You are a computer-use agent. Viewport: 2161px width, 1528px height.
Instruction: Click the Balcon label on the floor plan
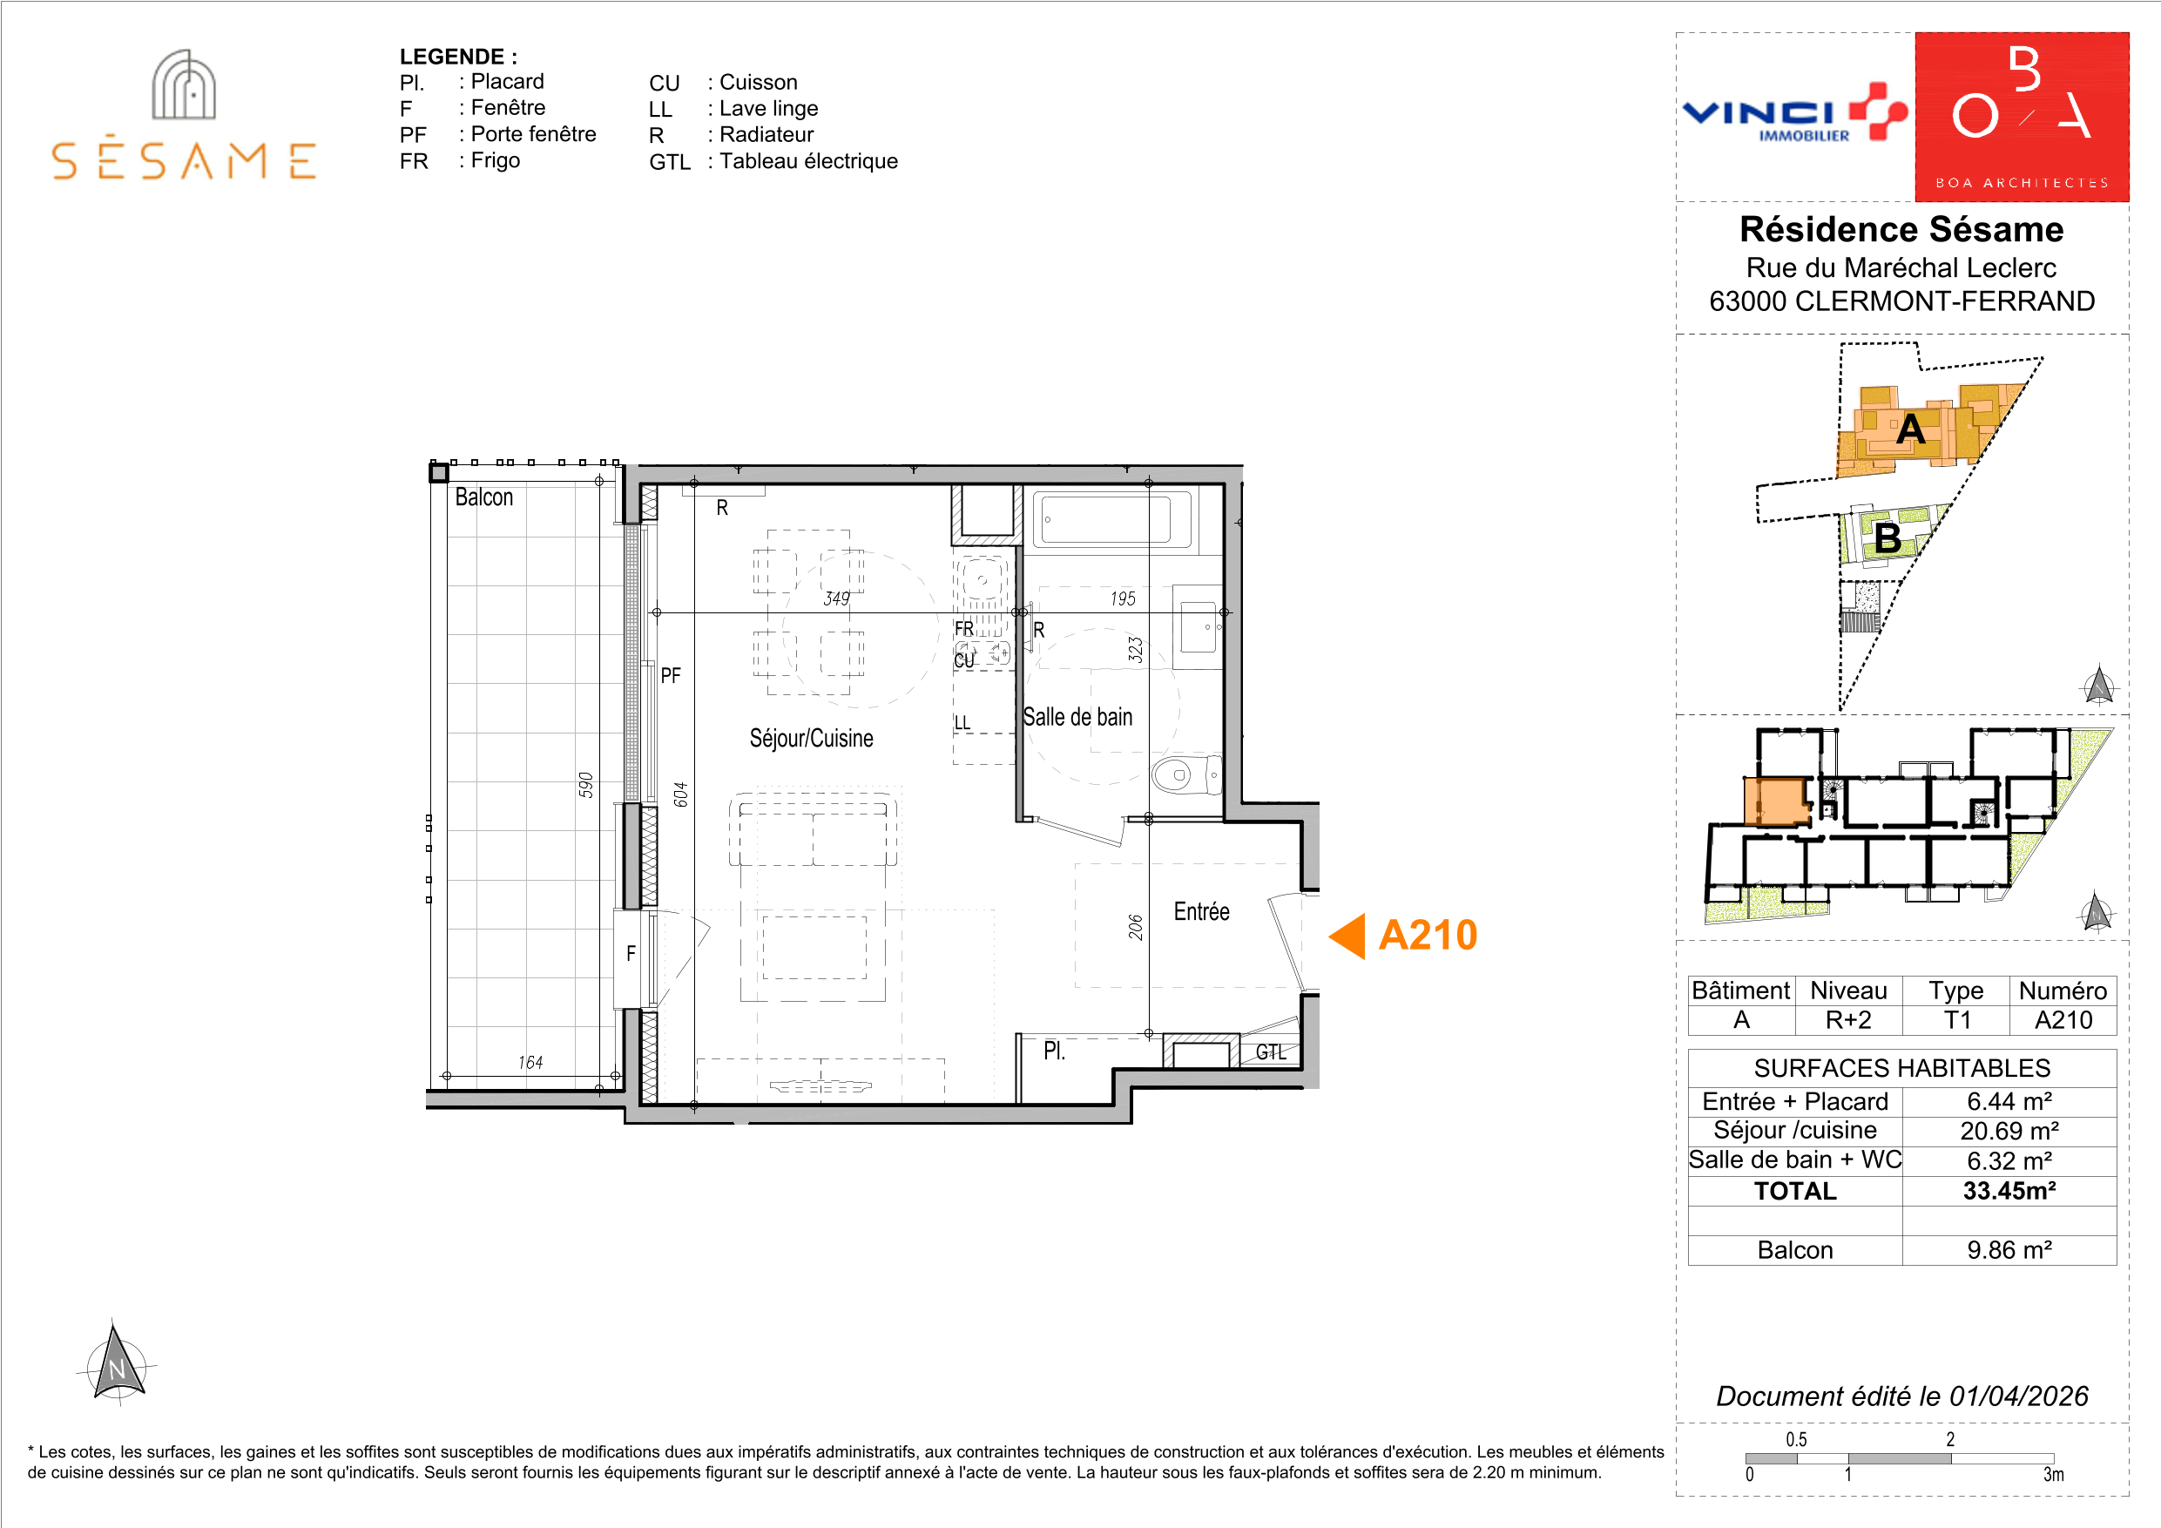tap(483, 497)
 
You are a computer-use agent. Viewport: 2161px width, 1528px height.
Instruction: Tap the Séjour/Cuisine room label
tap(811, 738)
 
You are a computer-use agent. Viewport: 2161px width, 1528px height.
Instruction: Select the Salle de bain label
tap(1077, 718)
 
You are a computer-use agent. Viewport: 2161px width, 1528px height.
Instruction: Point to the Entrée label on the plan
tap(1201, 911)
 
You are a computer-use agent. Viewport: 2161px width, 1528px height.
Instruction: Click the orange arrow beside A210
tap(1347, 936)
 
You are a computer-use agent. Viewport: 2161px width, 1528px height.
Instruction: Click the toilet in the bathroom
tap(1185, 774)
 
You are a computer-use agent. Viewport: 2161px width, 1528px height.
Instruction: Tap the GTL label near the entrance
tap(1271, 1052)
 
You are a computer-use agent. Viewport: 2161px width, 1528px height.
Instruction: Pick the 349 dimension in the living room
tap(836, 598)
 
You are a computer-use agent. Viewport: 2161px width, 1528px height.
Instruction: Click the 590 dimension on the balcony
tap(585, 785)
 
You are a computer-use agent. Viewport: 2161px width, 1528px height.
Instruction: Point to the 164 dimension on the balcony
tap(530, 1062)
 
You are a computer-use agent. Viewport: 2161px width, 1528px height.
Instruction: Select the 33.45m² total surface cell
tap(2009, 1191)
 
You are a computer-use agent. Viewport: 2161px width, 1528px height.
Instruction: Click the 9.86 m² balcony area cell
tap(2009, 1250)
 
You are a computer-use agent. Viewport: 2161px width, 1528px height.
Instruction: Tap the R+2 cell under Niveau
tap(1848, 1019)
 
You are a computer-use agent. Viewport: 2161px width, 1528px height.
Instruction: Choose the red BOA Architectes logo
tap(2022, 117)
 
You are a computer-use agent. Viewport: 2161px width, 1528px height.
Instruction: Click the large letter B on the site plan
tap(1887, 538)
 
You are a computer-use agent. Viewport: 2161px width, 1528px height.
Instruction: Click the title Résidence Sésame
tap(1901, 230)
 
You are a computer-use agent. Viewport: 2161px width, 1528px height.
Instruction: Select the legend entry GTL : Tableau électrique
tap(773, 161)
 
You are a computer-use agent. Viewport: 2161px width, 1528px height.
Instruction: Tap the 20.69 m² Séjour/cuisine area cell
tap(2009, 1131)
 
